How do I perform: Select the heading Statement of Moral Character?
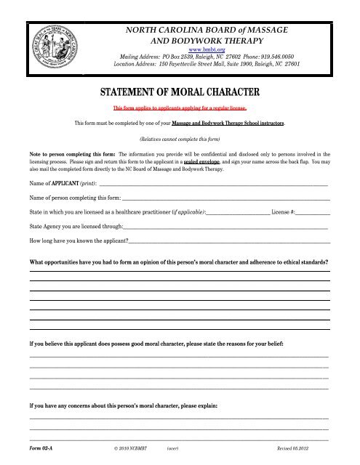point(179,92)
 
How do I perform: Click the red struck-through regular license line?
point(178,108)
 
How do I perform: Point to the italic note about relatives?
point(179,138)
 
